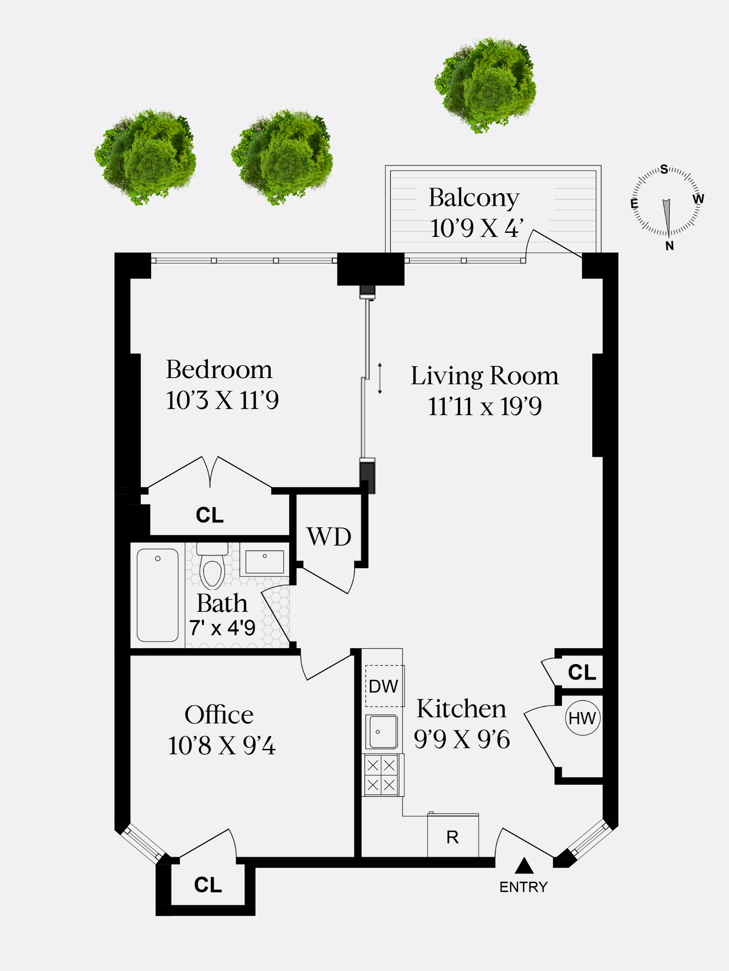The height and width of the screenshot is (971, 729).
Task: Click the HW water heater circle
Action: point(582,718)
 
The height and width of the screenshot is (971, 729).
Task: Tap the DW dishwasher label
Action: point(384,686)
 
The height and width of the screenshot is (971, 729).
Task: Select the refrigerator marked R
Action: point(452,837)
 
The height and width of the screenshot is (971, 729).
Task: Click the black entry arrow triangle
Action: point(524,866)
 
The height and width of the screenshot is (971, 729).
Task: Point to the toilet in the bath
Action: point(212,568)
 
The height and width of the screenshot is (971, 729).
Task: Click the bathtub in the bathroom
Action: point(157,594)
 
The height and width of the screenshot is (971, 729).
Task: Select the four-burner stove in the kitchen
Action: point(381,775)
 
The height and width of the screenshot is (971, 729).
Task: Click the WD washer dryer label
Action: point(329,537)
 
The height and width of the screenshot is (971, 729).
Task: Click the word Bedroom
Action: point(219,370)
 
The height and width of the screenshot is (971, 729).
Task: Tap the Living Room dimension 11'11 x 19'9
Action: point(485,406)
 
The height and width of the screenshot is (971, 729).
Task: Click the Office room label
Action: point(219,715)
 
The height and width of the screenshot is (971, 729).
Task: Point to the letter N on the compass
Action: point(670,246)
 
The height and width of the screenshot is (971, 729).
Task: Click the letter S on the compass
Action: point(664,169)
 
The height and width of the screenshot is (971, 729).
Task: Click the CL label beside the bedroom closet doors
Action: point(210,515)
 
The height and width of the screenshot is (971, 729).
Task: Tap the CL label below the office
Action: point(208,885)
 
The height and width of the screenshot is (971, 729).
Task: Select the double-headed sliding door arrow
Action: point(380,378)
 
